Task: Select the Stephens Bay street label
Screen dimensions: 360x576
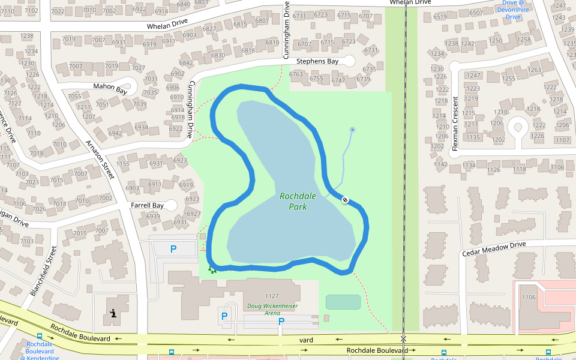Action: [x=318, y=61]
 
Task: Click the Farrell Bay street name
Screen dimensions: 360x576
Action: [x=147, y=205]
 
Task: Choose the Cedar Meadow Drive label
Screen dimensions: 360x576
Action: [x=494, y=249]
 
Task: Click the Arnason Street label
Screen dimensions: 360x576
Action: [x=100, y=160]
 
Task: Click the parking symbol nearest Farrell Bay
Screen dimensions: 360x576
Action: [x=173, y=248]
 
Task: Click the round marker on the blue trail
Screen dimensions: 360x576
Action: [x=345, y=200]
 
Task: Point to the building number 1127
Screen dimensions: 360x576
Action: [x=272, y=296]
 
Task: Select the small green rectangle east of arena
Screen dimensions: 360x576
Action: [x=343, y=302]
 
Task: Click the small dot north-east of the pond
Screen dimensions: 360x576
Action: [x=352, y=129]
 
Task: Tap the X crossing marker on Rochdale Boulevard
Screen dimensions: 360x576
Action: [x=403, y=339]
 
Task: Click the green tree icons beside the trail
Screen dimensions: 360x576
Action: [x=211, y=270]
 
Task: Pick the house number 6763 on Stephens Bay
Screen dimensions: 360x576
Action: [x=296, y=74]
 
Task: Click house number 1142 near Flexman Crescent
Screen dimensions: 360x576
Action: [x=441, y=164]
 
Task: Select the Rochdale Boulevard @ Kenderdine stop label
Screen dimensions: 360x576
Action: [x=40, y=351]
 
